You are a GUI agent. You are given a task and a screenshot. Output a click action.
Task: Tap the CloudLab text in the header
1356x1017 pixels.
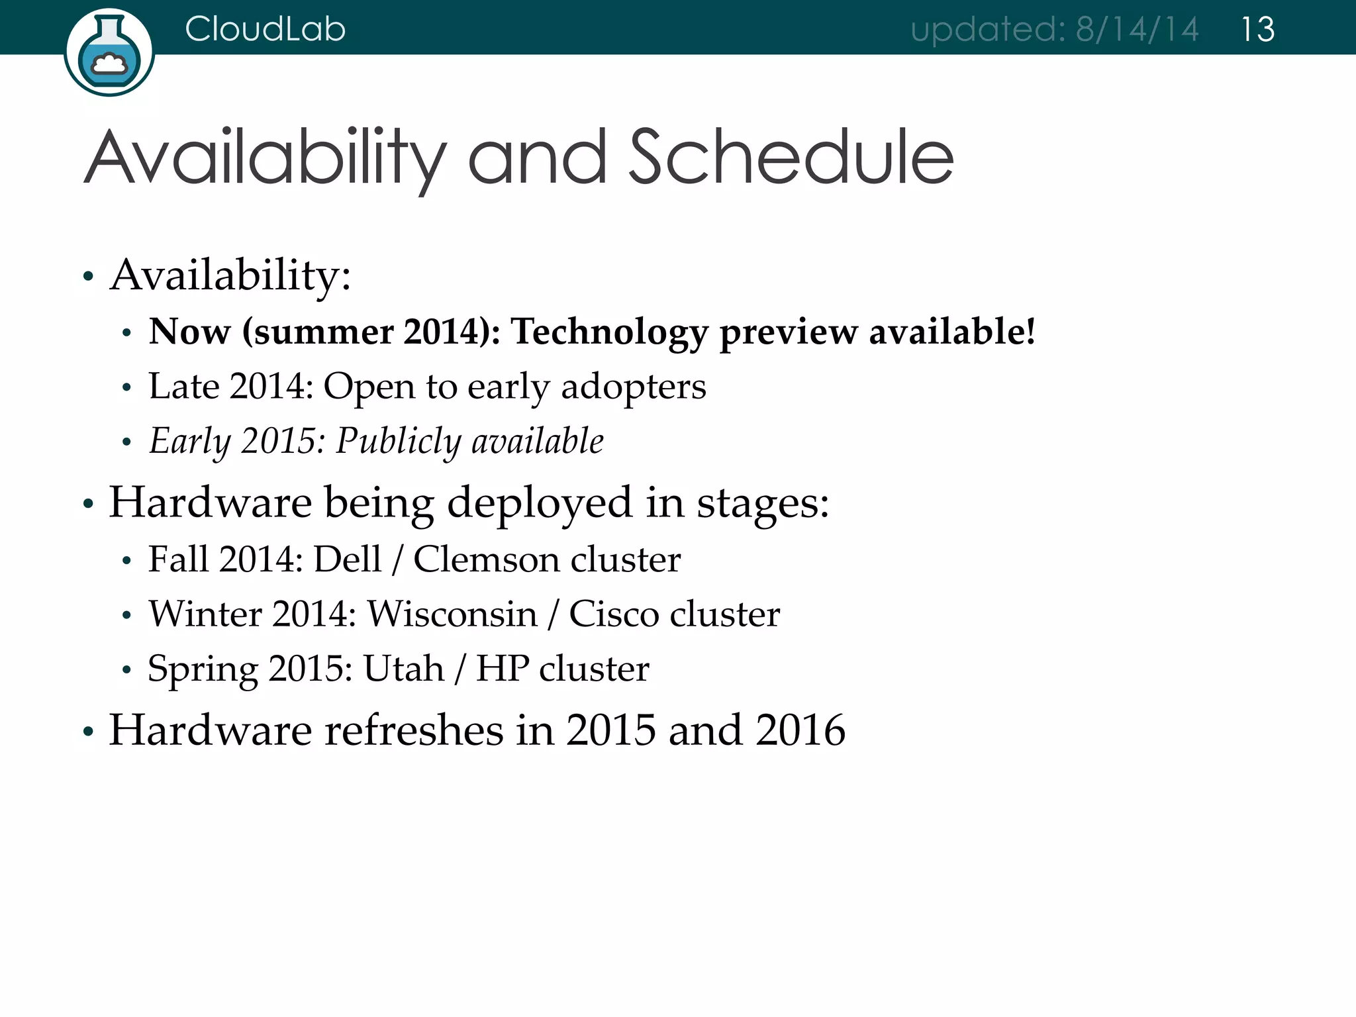(x=265, y=29)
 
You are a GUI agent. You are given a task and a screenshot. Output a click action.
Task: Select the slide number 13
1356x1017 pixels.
(x=1257, y=29)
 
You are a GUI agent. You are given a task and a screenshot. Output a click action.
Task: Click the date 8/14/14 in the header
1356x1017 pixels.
(x=1136, y=29)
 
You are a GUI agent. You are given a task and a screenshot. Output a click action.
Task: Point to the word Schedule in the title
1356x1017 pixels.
(x=791, y=158)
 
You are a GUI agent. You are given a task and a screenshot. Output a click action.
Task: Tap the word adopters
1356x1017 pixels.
(x=633, y=387)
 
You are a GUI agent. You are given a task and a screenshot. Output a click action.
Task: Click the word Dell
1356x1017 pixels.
(x=347, y=559)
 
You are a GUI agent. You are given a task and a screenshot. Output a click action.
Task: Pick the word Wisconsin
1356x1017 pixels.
(x=452, y=614)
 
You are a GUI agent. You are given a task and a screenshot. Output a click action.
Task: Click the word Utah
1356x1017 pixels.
(x=403, y=668)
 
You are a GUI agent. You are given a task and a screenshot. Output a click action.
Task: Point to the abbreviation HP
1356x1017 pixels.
(x=502, y=668)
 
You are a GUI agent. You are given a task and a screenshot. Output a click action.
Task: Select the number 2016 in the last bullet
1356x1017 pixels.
(x=800, y=730)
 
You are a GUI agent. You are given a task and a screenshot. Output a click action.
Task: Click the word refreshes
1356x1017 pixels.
(x=414, y=730)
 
